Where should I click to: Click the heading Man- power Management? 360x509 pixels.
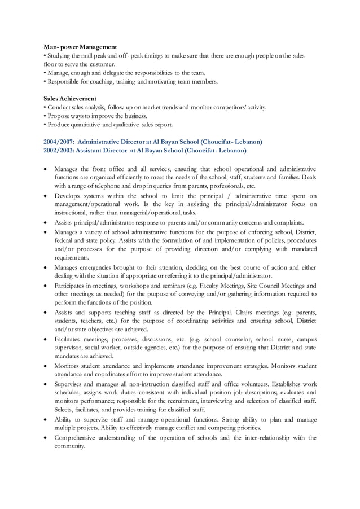point(80,47)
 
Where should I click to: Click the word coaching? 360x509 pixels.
point(101,81)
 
